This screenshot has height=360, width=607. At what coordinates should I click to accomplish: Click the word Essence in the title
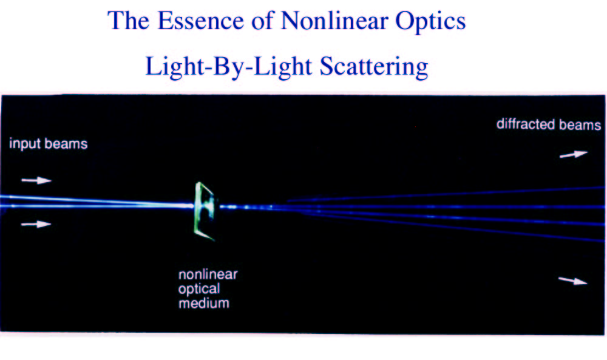pyautogui.click(x=200, y=21)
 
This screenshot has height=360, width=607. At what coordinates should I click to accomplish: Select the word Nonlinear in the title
pyautogui.click(x=334, y=21)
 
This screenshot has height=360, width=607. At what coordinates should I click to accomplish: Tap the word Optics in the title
pyautogui.click(x=430, y=21)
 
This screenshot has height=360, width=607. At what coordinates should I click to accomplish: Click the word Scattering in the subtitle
pyautogui.click(x=374, y=67)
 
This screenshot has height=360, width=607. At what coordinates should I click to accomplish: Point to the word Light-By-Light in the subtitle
pyautogui.click(x=229, y=67)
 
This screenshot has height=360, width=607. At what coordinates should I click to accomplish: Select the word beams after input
pyautogui.click(x=66, y=144)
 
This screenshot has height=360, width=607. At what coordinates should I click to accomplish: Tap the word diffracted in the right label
pyautogui.click(x=526, y=124)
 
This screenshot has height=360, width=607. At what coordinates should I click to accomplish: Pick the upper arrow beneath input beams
pyautogui.click(x=36, y=180)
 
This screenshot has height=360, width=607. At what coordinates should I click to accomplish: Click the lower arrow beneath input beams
pyautogui.click(x=36, y=224)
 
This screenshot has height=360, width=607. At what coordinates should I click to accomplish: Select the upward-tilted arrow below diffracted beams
pyautogui.click(x=574, y=154)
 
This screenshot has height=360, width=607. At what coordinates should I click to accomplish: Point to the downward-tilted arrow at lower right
pyautogui.click(x=573, y=280)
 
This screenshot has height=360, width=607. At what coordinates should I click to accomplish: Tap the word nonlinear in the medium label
pyautogui.click(x=208, y=274)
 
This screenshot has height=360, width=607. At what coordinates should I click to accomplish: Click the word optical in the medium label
pyautogui.click(x=199, y=290)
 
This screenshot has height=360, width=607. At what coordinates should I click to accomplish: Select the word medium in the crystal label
pyautogui.click(x=203, y=303)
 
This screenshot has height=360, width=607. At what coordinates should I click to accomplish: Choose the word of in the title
pyautogui.click(x=262, y=21)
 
